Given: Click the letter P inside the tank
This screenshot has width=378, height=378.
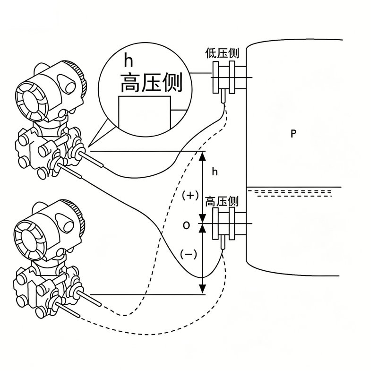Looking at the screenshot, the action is [x=293, y=133].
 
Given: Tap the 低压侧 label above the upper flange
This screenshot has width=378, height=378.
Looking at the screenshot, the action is [x=222, y=53].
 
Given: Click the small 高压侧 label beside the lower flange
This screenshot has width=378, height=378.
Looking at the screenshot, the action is [x=222, y=202].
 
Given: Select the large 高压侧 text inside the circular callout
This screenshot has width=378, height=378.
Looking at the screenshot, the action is [x=151, y=83].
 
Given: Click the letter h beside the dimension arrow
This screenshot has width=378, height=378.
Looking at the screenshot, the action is [x=215, y=172].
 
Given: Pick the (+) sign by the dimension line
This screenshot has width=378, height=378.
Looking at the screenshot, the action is [x=190, y=195].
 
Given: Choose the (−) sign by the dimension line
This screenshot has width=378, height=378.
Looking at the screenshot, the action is [x=189, y=254].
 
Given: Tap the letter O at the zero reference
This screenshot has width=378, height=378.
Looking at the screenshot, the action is [x=186, y=226].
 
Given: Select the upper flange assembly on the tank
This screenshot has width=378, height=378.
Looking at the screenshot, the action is [x=229, y=77].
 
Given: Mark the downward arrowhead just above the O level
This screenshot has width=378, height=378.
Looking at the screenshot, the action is [x=203, y=218].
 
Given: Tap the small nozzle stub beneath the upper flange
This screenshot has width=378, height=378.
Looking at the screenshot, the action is [x=223, y=96].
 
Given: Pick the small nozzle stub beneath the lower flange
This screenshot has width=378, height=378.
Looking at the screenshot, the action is [x=223, y=242].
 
